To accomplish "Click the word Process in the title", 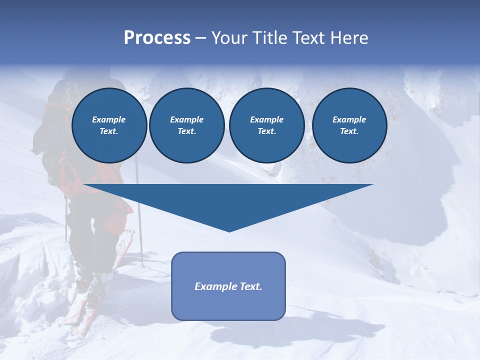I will click(x=157, y=38).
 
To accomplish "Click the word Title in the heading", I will click(x=268, y=38).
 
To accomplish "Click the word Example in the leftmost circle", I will click(x=108, y=119).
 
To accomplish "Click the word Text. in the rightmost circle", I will click(x=349, y=131).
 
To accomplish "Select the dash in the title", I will click(x=201, y=38).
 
